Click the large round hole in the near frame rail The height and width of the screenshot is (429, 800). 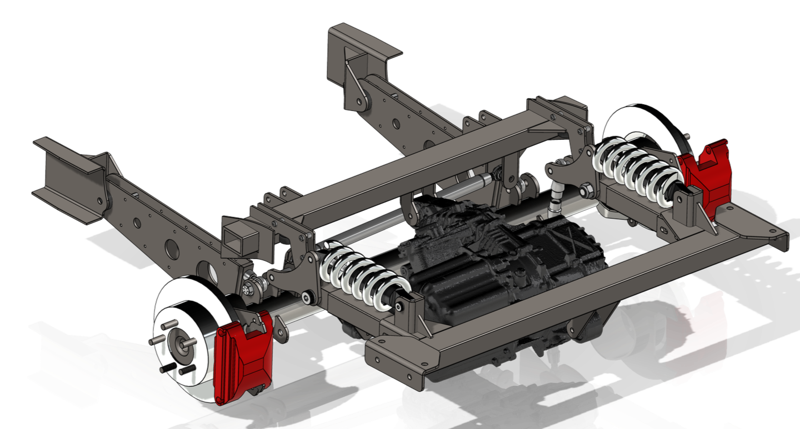click(168, 245)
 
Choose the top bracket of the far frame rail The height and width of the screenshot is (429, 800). click(364, 42)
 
